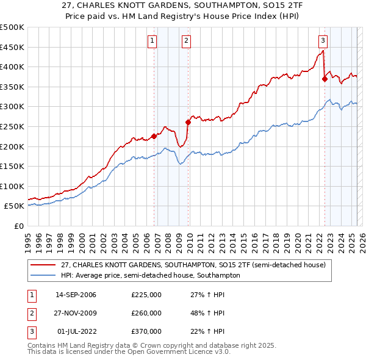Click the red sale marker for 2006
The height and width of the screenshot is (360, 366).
click(x=154, y=137)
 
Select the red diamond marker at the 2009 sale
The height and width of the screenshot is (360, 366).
click(x=188, y=122)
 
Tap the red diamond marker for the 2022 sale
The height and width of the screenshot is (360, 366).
click(x=325, y=79)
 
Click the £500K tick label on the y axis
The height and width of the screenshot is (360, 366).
click(x=12, y=27)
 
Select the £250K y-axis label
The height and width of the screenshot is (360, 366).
click(x=12, y=126)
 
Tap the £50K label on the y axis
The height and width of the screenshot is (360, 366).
click(x=14, y=206)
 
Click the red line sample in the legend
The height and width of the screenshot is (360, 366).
click(x=43, y=265)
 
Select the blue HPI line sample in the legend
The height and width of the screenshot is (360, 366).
click(x=43, y=275)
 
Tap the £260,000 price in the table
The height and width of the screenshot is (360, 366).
click(x=146, y=313)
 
